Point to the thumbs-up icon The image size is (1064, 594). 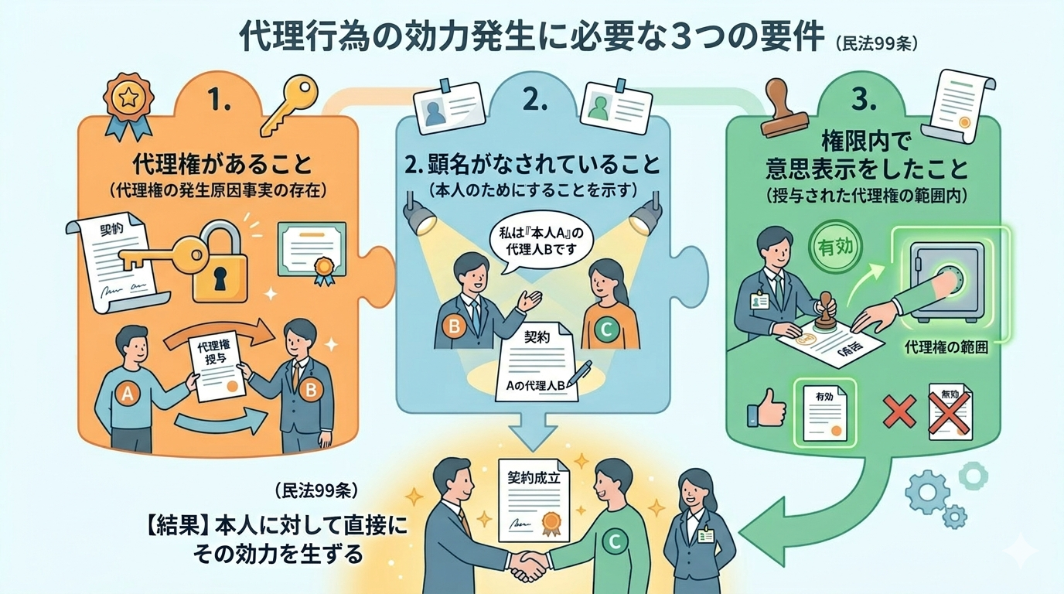tap(765, 408)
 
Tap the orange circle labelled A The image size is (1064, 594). tap(126, 394)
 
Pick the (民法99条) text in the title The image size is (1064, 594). tap(875, 43)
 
